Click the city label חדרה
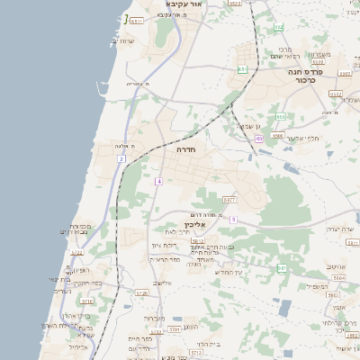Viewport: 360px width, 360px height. tap(186, 149)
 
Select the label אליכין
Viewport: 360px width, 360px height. tap(182, 224)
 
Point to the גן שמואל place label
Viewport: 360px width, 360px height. tap(247, 127)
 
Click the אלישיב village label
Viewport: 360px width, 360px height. tap(162, 283)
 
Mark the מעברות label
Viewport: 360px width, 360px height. tap(155, 318)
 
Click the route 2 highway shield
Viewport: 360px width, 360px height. tap(121, 158)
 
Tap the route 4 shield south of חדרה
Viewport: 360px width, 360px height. tap(158, 182)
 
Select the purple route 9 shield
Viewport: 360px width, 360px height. tap(233, 220)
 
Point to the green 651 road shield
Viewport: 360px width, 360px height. tap(242, 68)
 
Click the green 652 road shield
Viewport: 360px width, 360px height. tap(280, 116)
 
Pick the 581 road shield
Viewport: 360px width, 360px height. tap(281, 268)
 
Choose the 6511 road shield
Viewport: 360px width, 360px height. tap(136, 21)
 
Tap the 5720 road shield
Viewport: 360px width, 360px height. tap(141, 292)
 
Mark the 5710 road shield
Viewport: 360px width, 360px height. tap(87, 301)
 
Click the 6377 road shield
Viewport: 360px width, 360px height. tap(229, 200)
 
